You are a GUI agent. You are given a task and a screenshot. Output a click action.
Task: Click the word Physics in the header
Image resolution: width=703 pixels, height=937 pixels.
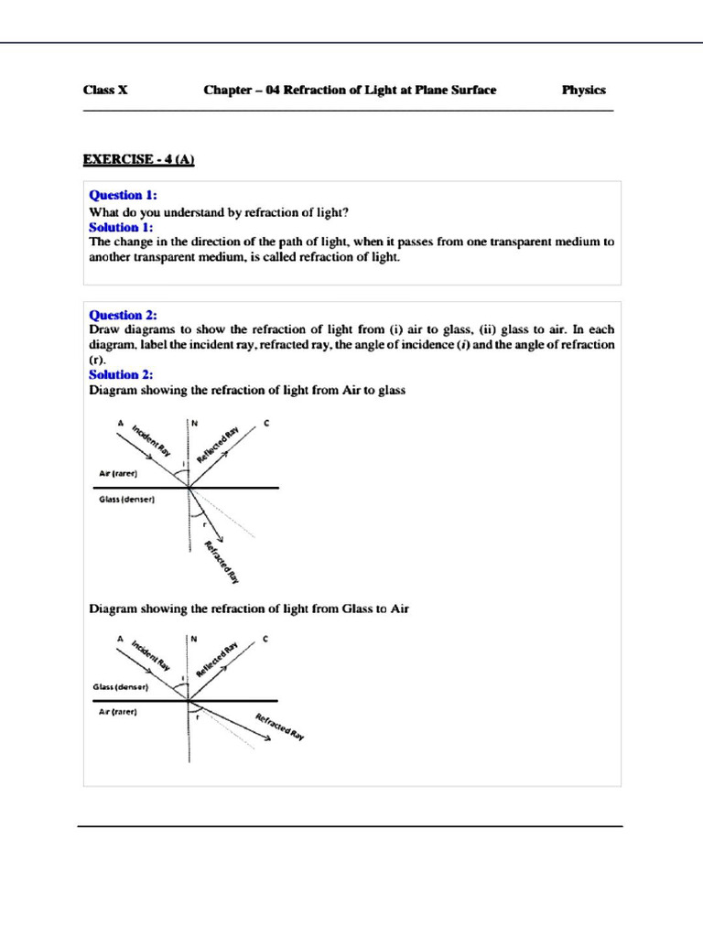coord(583,90)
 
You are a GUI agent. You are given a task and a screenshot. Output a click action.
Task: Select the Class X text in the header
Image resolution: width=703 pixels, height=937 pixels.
coord(105,90)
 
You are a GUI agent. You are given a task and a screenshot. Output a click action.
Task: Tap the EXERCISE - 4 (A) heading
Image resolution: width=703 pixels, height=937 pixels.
coord(139,160)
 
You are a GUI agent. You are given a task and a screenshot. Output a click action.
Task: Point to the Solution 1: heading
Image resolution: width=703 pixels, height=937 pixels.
coord(121,227)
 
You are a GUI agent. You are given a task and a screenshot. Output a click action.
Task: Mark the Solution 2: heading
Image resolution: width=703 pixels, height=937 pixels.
coord(121,374)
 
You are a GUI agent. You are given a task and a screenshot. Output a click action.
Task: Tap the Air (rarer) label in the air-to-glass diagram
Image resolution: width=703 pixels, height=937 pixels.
coord(118,474)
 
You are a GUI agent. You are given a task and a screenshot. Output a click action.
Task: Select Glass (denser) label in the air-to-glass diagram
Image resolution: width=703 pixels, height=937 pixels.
coord(126,501)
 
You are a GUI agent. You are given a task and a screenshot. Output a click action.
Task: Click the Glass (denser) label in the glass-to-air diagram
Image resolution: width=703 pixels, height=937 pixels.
coord(121,686)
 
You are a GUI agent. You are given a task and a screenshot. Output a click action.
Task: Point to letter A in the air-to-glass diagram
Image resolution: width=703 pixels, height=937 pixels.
coord(120,423)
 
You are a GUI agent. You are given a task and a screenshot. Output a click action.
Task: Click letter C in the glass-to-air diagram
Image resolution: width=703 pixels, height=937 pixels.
coord(265,638)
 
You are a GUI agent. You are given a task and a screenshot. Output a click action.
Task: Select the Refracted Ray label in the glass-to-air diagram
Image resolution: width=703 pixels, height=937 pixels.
coord(279,726)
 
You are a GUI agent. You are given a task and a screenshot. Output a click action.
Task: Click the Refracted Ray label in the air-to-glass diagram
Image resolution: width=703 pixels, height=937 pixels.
coord(221,561)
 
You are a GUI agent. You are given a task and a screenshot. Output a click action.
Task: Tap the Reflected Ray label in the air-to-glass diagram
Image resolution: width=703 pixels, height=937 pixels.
coord(217,443)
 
